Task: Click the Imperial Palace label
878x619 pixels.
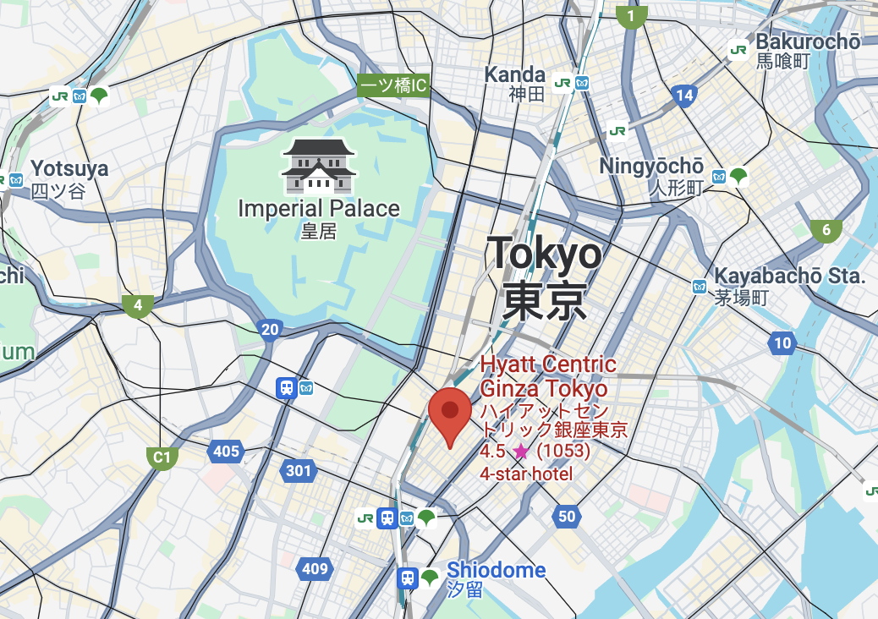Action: pos(319,209)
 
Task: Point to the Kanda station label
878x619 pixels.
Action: pos(514,74)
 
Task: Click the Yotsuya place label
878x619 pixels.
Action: pos(69,169)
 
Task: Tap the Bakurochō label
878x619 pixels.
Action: pos(807,41)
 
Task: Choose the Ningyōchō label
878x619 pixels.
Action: pos(651,167)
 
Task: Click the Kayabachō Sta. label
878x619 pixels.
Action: pos(789,277)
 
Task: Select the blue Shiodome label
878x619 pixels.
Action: pos(496,570)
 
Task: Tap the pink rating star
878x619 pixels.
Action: pos(521,452)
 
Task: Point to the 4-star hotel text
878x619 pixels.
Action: pos(526,474)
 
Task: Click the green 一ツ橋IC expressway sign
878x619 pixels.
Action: pos(393,85)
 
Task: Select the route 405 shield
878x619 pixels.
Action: pos(226,452)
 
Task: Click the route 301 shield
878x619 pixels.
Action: pos(299,470)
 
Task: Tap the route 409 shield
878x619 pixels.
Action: pos(315,568)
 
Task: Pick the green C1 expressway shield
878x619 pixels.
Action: pos(162,458)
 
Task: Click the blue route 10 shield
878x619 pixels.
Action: pos(782,342)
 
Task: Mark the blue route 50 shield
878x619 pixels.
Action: pos(567,516)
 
